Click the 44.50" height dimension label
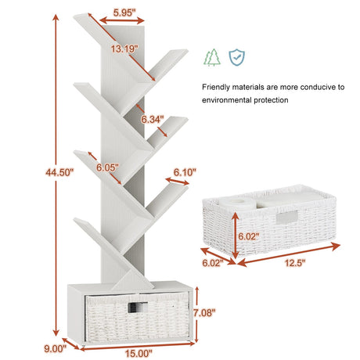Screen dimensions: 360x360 point(59,172)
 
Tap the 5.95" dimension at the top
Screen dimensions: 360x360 point(124,13)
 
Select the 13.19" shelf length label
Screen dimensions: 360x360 point(124,49)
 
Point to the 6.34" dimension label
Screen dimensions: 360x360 point(153,119)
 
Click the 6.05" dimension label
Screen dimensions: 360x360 point(107,167)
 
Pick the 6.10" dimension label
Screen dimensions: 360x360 point(185,172)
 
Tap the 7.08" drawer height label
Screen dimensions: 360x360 point(204,312)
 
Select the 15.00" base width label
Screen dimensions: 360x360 point(139,354)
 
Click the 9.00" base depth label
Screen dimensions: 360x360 point(56,349)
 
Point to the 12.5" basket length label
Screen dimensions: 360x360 point(295,263)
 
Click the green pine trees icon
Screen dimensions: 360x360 point(212,57)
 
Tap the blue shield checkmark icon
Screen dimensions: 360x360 point(236,57)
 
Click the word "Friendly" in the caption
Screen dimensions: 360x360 point(216,87)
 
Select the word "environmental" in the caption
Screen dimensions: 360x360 point(226,100)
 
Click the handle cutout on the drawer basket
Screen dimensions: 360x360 point(138,307)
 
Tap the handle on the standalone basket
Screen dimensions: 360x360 point(287,218)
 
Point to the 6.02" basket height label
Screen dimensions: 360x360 point(249,236)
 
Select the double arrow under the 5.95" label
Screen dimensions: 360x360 point(122,20)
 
